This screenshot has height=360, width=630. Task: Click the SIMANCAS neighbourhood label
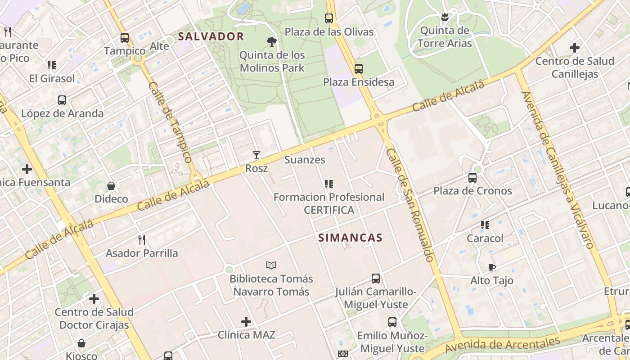350,238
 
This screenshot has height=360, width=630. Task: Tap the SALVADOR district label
211,36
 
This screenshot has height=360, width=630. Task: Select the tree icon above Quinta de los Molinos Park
271,42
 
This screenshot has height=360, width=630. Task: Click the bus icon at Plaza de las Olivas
329,18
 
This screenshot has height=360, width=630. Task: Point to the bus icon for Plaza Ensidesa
358,69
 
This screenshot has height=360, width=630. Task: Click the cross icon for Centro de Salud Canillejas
574,47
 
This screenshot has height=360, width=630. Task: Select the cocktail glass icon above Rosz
256,155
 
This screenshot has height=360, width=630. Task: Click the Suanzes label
305,160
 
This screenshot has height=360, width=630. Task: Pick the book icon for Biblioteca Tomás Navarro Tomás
271,265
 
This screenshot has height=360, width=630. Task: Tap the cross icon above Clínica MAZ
246,322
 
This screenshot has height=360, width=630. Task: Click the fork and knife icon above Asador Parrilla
142,239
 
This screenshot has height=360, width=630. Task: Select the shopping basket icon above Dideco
111,185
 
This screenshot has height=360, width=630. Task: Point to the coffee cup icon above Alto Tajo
491,267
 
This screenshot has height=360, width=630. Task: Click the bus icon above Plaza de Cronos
472,177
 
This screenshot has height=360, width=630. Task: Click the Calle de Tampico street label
170,122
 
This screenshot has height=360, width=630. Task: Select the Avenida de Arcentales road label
502,345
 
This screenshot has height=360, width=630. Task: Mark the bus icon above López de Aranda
62,100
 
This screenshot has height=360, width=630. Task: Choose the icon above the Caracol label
485,225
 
